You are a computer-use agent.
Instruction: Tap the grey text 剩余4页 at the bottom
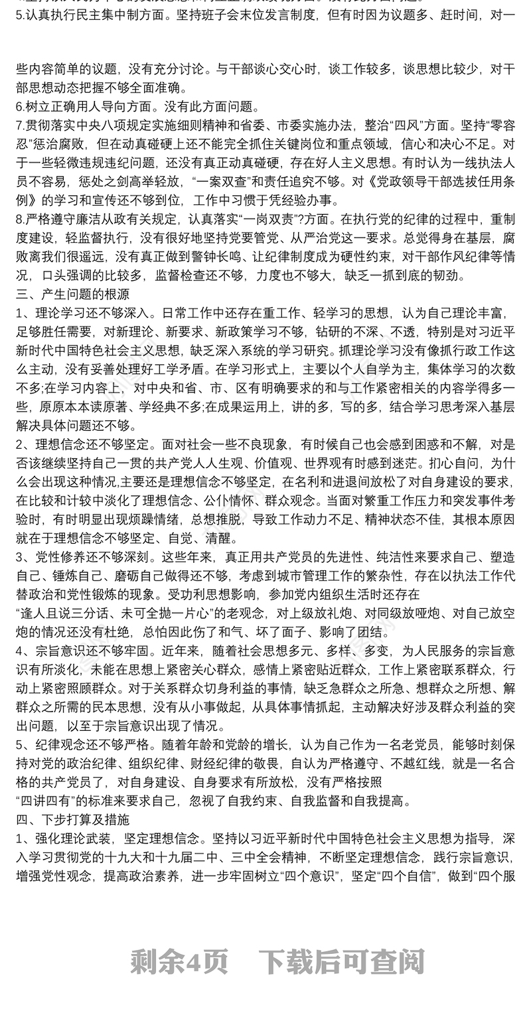point(179,961)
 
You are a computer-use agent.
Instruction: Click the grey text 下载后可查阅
point(341,961)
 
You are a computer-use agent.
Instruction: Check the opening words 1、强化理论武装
point(63,838)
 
